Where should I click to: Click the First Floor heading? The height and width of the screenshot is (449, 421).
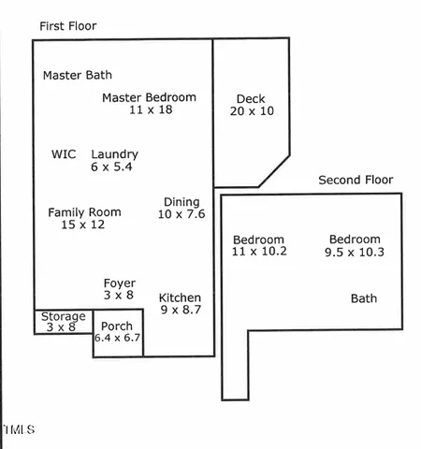coord(67,26)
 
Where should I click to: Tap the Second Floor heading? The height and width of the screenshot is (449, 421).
coord(356,180)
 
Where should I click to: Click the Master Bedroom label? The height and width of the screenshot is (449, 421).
coord(149,97)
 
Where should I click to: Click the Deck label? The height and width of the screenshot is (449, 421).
coord(251,98)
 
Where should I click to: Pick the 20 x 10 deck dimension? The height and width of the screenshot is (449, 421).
coord(251,110)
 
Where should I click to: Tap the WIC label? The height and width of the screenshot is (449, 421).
coord(64,154)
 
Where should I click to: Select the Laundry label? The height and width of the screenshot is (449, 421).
coord(114,154)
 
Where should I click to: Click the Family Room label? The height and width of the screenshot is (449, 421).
coord(83,212)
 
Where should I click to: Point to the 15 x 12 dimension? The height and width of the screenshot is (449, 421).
coord(83,224)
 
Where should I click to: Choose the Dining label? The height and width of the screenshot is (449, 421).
coord(181,202)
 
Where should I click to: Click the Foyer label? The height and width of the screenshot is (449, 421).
coord(119,283)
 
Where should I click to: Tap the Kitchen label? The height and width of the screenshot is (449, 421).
coord(181,297)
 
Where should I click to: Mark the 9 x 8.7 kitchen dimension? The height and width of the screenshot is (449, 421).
coord(181,309)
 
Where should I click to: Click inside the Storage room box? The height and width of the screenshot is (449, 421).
coord(63,322)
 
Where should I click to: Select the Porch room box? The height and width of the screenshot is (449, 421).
coord(118,332)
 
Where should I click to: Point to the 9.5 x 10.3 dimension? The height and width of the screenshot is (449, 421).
coord(355,253)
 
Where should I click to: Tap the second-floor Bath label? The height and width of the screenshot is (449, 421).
coord(364,298)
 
